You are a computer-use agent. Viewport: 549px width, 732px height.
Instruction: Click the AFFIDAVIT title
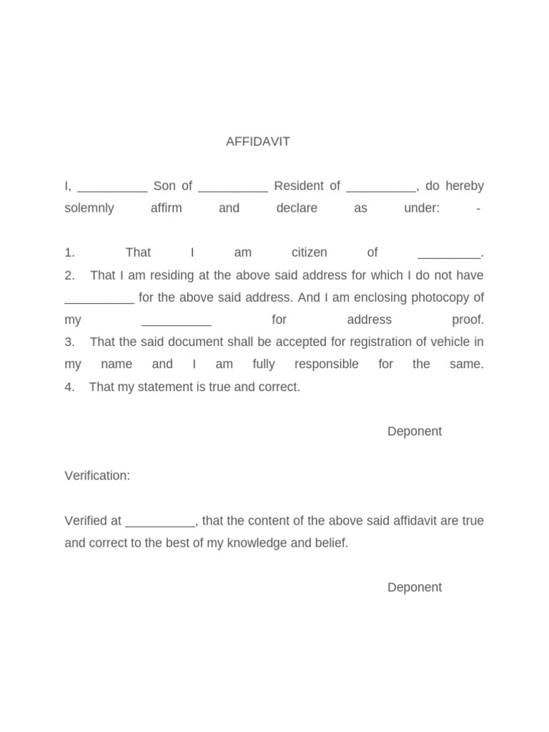258,142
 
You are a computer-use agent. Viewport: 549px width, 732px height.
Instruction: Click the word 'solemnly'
89,209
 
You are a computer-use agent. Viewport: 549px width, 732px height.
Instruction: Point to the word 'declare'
297,209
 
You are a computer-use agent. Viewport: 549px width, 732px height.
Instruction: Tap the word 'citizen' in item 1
310,253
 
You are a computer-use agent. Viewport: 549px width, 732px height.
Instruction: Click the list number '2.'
69,276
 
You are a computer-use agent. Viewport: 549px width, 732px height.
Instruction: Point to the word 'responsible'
327,365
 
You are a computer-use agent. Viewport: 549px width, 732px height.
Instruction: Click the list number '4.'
69,387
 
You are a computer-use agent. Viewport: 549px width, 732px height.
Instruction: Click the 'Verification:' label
97,476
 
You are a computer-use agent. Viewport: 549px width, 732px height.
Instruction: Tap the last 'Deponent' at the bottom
415,588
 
